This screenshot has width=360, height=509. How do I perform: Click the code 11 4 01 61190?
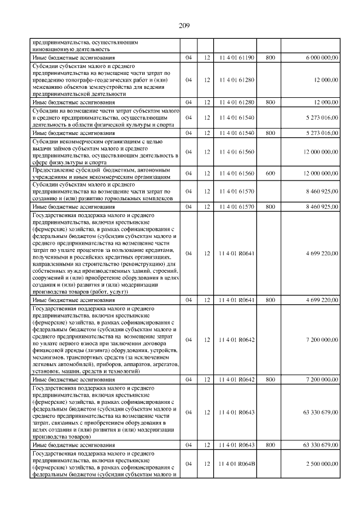(x=237, y=58)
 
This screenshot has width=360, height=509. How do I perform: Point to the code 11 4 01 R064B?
(x=237, y=463)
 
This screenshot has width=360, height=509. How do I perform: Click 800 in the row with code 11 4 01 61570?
(x=270, y=207)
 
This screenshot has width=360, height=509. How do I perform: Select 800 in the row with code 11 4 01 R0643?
(x=270, y=445)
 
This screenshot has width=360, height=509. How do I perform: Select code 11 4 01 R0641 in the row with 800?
(x=237, y=300)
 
